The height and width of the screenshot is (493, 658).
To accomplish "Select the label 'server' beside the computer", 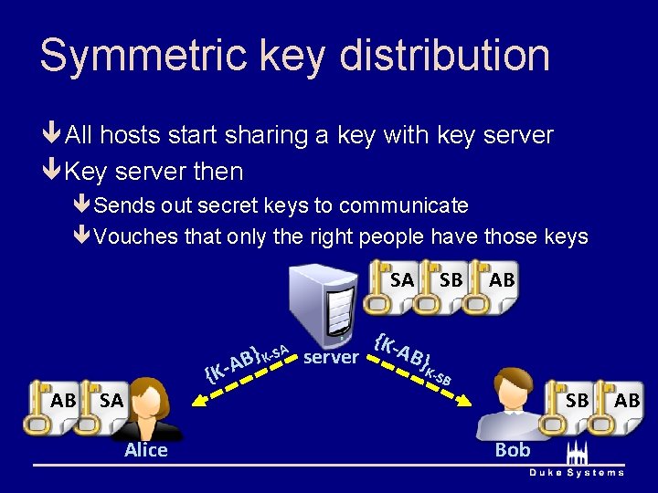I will pos(331,357).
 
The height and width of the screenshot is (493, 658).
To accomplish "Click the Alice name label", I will pos(146,450).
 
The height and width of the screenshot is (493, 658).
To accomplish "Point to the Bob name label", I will pos(512,450).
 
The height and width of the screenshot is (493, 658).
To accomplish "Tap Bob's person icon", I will pos(512,406).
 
